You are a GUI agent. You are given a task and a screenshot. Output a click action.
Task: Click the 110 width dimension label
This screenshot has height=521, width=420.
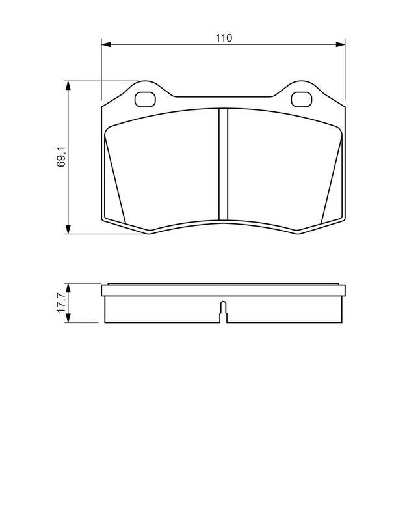[224, 38]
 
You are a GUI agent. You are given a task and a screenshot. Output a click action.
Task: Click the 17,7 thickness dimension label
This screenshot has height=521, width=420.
[61, 303]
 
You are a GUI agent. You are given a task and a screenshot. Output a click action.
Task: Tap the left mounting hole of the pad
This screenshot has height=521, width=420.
[145, 99]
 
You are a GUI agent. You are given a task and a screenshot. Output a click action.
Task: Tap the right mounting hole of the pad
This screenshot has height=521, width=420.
[301, 99]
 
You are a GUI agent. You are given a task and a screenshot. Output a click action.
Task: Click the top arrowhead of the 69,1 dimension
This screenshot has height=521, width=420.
[68, 85]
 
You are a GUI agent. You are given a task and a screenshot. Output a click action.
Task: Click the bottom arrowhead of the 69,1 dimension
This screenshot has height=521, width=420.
[68, 230]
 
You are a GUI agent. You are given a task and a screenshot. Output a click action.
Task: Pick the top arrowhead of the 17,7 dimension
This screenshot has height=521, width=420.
[68, 287]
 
